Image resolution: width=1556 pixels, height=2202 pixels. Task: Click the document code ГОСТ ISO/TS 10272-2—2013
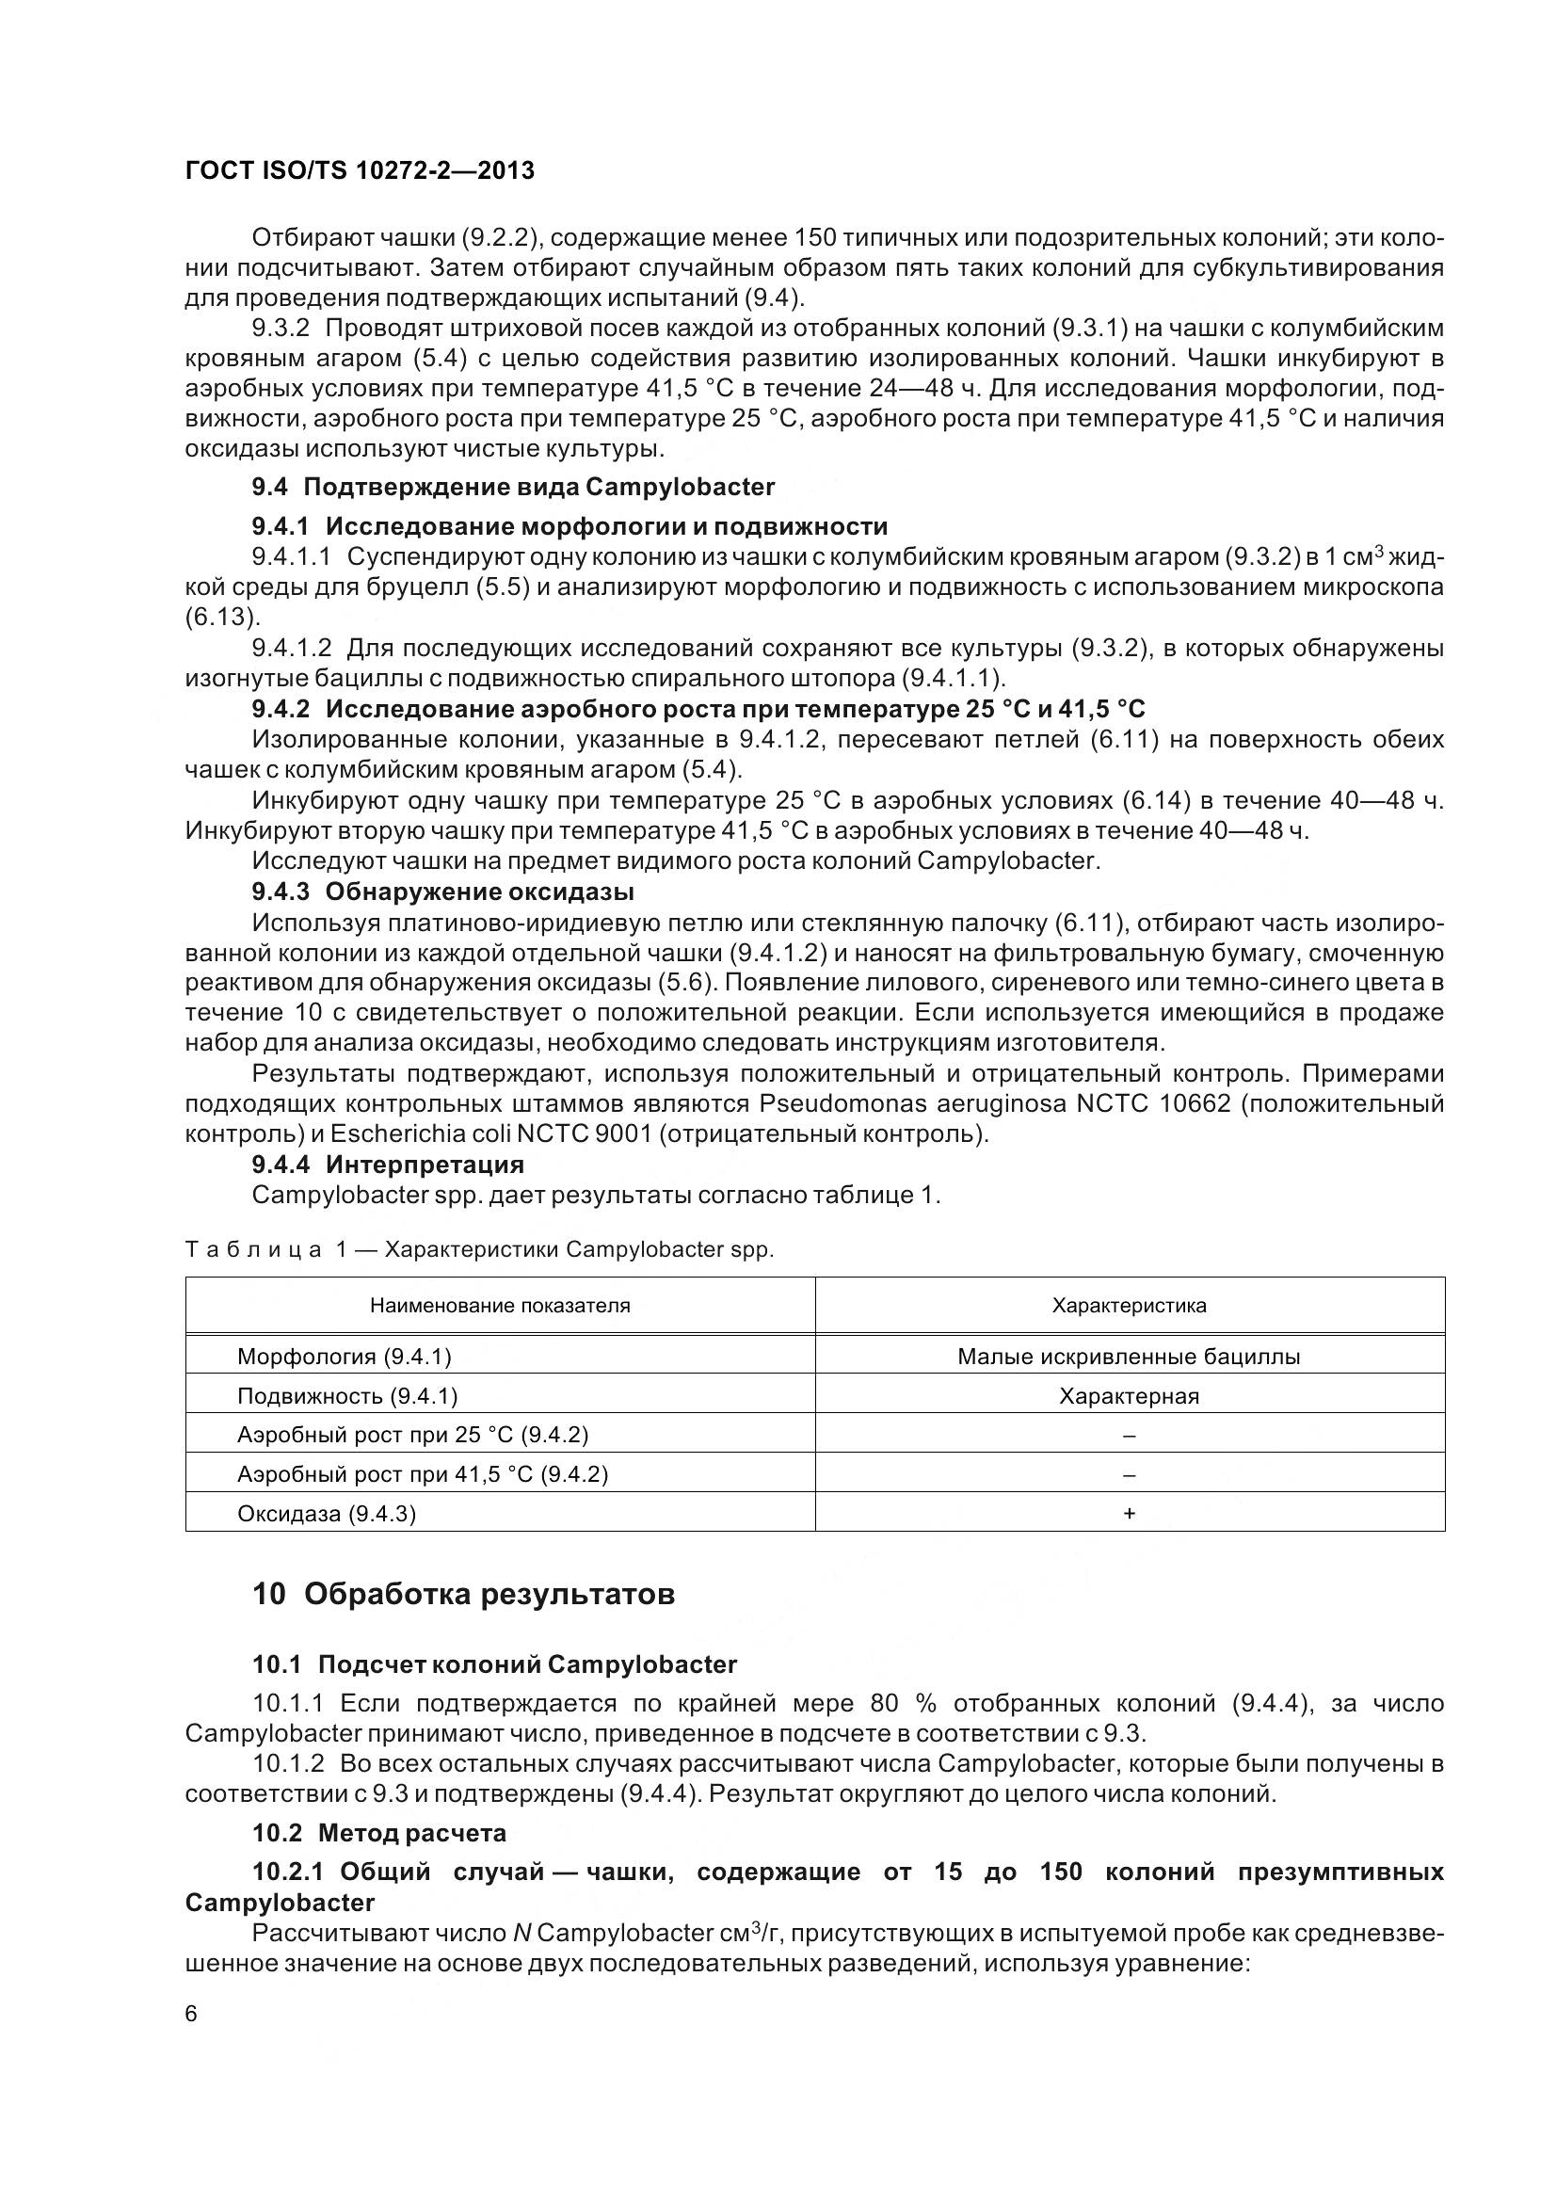pyautogui.click(x=360, y=170)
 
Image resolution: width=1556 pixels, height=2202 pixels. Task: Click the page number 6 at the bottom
pyautogui.click(x=191, y=2014)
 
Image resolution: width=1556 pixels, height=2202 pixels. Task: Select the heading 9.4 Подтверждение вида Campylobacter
pyautogui.click(x=513, y=488)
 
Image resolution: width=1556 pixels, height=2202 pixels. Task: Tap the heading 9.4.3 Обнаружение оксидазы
pyautogui.click(x=443, y=892)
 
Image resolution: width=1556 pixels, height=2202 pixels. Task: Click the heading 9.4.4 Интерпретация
pyautogui.click(x=387, y=1165)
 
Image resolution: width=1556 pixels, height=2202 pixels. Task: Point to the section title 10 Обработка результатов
pyautogui.click(x=464, y=1595)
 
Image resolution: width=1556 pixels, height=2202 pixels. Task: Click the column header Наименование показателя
pyautogui.click(x=500, y=1305)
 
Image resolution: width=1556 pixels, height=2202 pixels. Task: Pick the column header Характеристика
pyautogui.click(x=1129, y=1305)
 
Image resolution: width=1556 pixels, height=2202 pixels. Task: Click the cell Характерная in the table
pyautogui.click(x=1129, y=1396)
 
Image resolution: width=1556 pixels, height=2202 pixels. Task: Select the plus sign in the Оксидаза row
pyautogui.click(x=1129, y=1514)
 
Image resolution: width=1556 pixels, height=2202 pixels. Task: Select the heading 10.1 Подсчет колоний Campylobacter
pyautogui.click(x=495, y=1664)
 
